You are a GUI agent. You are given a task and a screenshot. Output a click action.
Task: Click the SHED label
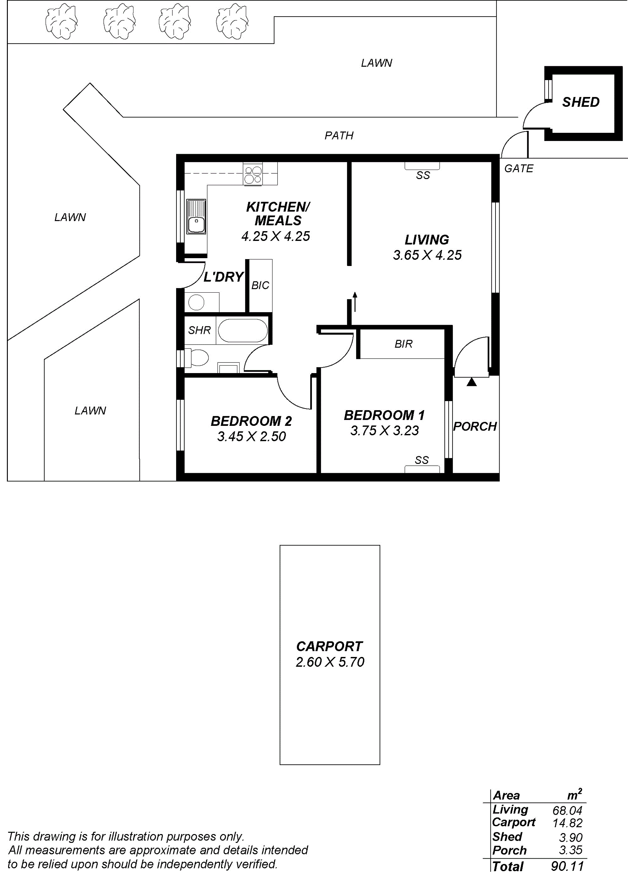[x=581, y=102]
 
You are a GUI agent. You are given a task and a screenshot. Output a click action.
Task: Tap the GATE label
[x=518, y=169]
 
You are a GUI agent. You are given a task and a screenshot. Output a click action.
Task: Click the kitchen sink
[x=196, y=217]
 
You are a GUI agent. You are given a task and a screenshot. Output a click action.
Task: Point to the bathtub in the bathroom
[x=242, y=331]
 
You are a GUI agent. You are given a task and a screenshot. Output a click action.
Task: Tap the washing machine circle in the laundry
[x=197, y=302]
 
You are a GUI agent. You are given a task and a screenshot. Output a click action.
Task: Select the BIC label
[x=260, y=285]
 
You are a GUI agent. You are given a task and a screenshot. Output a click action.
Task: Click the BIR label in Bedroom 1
[x=403, y=344]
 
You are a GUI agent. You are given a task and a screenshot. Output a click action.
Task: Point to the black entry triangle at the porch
[x=471, y=382]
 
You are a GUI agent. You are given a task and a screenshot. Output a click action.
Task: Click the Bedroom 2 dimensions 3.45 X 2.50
[x=251, y=437]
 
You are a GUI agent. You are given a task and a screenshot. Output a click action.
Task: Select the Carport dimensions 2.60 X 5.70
[x=330, y=662]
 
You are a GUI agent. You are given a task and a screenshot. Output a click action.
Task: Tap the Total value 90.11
[x=567, y=866]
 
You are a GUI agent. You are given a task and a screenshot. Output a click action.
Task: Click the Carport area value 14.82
[x=567, y=823]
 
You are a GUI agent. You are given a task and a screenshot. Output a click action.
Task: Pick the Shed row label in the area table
[x=507, y=837]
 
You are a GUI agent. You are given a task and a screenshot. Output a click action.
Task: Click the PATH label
[x=339, y=136]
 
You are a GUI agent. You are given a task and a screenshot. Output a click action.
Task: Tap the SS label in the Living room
[x=423, y=176]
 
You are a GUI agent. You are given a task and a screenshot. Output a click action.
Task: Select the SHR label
[x=199, y=330]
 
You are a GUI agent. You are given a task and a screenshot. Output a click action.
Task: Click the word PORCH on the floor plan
[x=475, y=426]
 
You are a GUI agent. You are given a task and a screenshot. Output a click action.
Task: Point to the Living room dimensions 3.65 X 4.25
[x=427, y=255]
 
